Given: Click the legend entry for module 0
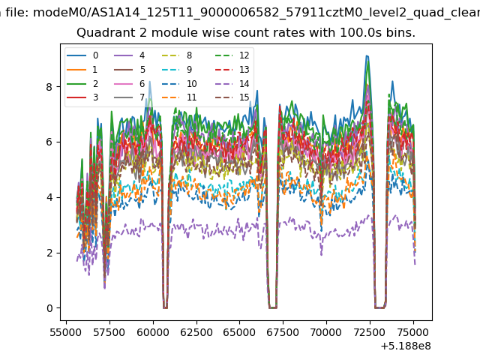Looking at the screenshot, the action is pyautogui.click(x=82, y=55).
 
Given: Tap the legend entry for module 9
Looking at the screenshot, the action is pyautogui.click(x=177, y=70).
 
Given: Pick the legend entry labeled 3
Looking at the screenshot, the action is pyautogui.click(x=82, y=97).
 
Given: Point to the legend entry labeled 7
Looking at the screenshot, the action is pyautogui.click(x=130, y=97).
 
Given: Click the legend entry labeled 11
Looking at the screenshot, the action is pyautogui.click(x=179, y=97).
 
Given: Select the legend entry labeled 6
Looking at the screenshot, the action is pyautogui.click(x=130, y=83).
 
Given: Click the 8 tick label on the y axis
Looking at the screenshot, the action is pyautogui.click(x=49, y=87).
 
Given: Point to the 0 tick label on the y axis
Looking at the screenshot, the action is pyautogui.click(x=49, y=308).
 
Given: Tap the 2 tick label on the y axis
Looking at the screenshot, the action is pyautogui.click(x=49, y=253).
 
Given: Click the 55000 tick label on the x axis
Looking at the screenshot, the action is pyautogui.click(x=66, y=332).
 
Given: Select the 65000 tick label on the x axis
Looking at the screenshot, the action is pyautogui.click(x=239, y=332).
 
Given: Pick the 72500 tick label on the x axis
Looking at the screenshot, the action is pyautogui.click(x=370, y=332).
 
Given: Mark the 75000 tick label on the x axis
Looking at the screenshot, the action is pyautogui.click(x=413, y=332).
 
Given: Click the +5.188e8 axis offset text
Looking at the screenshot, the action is pyautogui.click(x=406, y=346).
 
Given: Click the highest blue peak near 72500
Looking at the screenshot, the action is pyautogui.click(x=367, y=56).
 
